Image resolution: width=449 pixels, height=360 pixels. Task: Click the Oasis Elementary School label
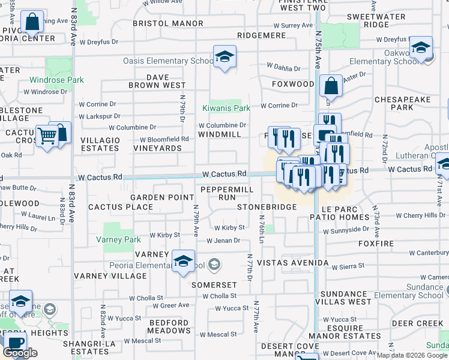168,61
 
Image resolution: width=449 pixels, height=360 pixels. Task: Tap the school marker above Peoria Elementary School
183,262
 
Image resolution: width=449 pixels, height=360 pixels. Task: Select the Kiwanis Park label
226,108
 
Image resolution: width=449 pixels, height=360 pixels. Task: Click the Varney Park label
118,239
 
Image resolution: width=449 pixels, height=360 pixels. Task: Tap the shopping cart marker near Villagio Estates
46,136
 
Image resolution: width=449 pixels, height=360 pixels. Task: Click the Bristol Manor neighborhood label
168,23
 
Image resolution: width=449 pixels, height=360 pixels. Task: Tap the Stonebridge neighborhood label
267,207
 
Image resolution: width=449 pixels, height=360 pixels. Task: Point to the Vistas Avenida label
292,263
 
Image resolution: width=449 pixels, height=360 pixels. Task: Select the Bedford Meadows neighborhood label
169,326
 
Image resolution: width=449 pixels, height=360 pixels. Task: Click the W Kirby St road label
230,227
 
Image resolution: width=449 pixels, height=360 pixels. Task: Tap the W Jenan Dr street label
223,241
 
